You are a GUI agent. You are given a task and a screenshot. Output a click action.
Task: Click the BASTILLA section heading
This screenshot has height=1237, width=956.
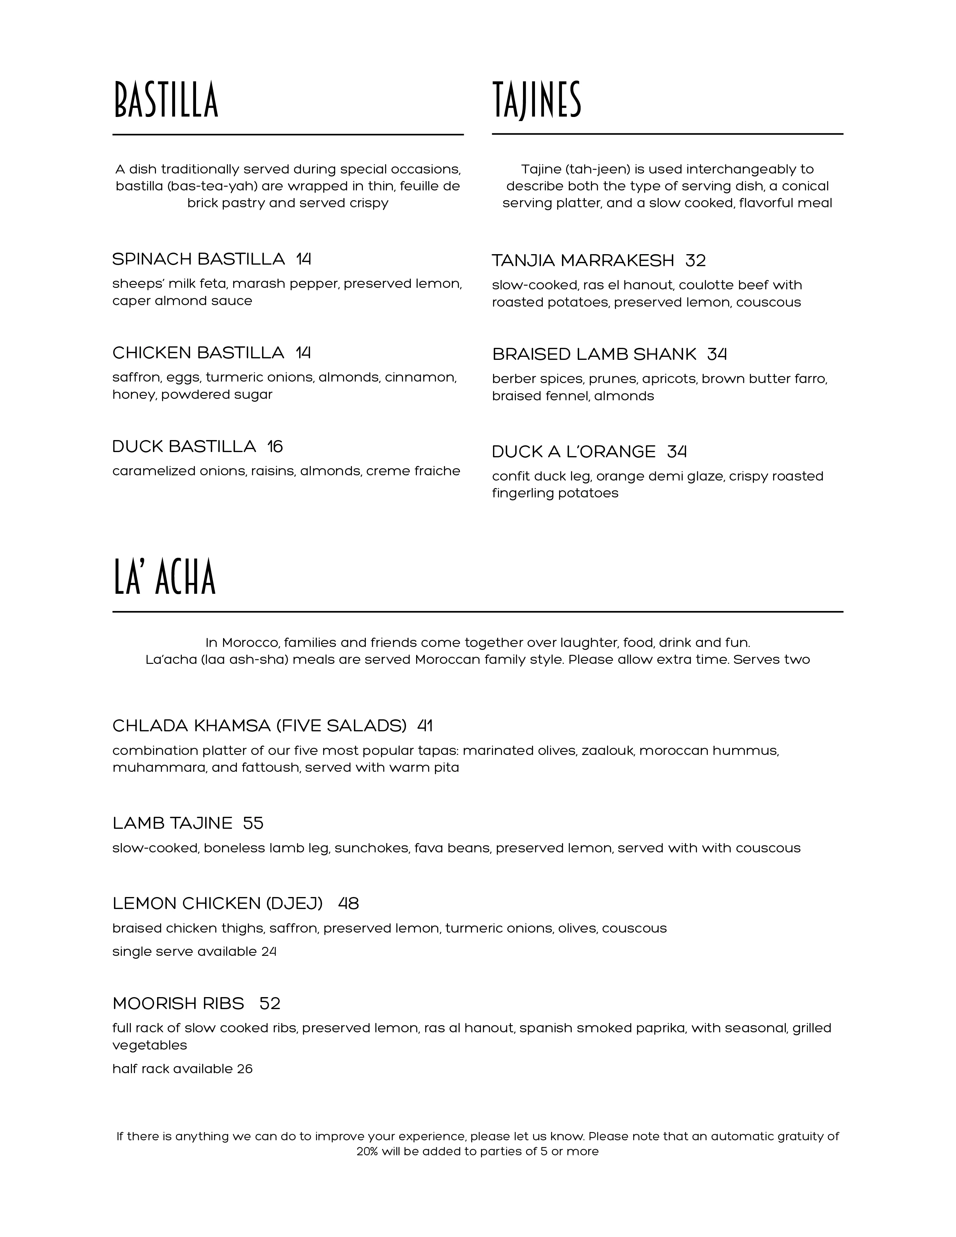point(166,100)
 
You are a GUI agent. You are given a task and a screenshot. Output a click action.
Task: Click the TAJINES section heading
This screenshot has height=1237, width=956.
point(536,100)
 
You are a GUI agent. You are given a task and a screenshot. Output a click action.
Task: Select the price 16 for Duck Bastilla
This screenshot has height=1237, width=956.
point(275,447)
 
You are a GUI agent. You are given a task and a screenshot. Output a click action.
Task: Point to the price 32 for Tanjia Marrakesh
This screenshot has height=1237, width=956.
point(695,261)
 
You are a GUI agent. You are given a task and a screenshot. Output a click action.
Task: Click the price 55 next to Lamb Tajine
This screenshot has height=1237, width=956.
point(253,823)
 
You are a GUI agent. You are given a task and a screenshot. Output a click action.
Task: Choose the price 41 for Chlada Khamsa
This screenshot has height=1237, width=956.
point(425,726)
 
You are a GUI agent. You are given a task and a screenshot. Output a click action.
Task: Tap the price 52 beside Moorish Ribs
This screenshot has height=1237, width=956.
point(270,1003)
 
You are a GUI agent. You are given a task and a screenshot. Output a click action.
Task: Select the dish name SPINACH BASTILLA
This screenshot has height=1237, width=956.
point(198,259)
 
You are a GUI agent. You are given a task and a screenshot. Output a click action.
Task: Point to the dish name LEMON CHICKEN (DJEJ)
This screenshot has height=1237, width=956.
point(217,903)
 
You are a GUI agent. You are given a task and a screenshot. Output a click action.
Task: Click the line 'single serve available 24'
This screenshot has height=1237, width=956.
point(194,951)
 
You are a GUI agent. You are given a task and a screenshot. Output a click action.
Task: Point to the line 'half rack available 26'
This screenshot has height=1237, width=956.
point(182,1069)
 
